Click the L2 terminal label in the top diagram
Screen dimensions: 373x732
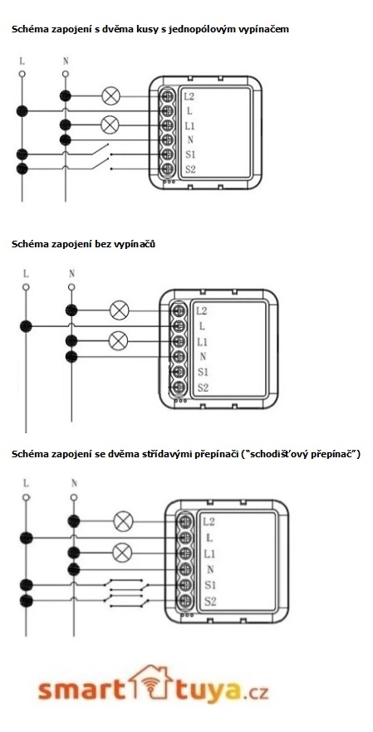[189, 96]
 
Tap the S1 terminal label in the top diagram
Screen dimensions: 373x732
[189, 154]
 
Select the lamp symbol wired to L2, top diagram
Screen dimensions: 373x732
[110, 96]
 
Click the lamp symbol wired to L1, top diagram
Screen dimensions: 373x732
[110, 125]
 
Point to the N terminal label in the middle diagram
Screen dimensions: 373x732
[203, 357]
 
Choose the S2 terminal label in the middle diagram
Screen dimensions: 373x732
[203, 388]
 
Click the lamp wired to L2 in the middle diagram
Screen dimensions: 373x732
[119, 310]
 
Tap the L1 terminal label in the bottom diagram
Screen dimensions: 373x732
[209, 554]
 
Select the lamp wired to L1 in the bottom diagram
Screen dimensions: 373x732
[122, 554]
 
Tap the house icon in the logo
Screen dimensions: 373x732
[150, 684]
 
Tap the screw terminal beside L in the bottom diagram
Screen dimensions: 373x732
[185, 537]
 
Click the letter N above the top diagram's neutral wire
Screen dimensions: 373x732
[66, 61]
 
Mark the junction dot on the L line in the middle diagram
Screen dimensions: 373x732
[27, 326]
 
